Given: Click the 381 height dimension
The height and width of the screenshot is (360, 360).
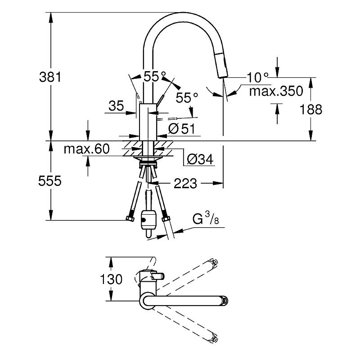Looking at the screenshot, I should point(50,77).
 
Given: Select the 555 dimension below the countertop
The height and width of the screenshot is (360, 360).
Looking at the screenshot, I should point(50,181).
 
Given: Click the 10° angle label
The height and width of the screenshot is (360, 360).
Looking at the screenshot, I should point(257,77).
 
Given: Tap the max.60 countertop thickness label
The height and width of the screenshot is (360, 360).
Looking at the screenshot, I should point(86,149).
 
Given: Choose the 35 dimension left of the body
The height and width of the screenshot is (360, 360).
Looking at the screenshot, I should point(116,106).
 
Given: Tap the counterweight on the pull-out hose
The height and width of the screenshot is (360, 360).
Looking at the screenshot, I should point(148,220).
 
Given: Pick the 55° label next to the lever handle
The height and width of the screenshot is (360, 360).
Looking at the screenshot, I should point(187,97).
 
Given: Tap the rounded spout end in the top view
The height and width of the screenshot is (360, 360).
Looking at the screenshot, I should point(223,300).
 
